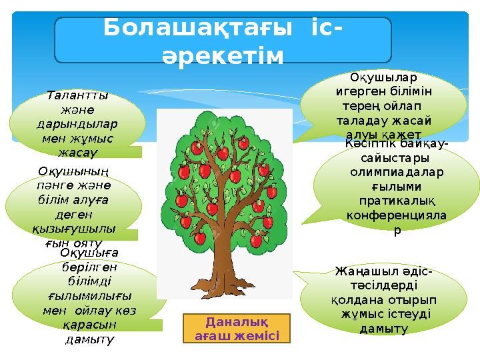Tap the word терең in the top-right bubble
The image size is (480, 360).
tap(357, 107)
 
